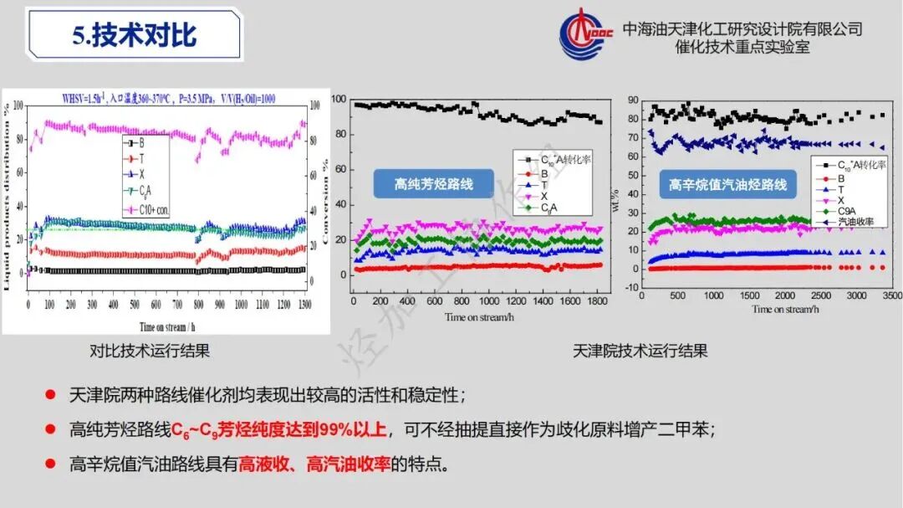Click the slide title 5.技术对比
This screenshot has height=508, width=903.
tap(135, 35)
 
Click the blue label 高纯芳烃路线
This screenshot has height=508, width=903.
tap(433, 182)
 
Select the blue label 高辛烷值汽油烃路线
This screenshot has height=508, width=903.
tap(727, 184)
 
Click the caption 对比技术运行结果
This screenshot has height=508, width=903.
tap(150, 351)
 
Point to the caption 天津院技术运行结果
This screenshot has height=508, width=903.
tap(640, 351)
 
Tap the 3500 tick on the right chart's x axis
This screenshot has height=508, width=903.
tap(892, 296)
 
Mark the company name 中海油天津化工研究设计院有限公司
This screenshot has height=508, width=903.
tap(742, 28)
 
